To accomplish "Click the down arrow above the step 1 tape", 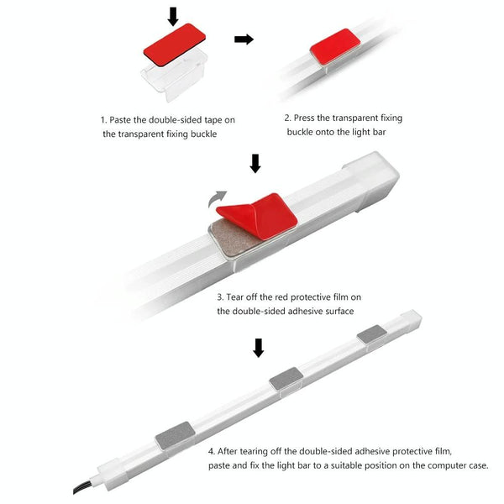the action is point(173,17).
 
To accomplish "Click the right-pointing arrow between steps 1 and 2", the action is point(244,39).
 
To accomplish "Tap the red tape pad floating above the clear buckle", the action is point(175,45).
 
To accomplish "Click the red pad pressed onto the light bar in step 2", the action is point(335,46).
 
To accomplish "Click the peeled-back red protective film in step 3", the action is point(257,215).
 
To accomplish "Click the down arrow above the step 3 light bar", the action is point(255,164).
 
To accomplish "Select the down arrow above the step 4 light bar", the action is point(259,348).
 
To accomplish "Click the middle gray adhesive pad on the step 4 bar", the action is point(286,379).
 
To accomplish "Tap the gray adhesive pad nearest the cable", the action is point(176,435).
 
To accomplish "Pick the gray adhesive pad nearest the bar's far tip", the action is point(372,333).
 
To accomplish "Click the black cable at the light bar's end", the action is point(84,486).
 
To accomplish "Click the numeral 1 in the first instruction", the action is point(102,120).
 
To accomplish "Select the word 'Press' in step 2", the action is point(304,118).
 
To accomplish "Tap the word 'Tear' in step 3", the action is point(235,297).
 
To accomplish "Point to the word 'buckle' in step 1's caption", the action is point(204,134).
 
